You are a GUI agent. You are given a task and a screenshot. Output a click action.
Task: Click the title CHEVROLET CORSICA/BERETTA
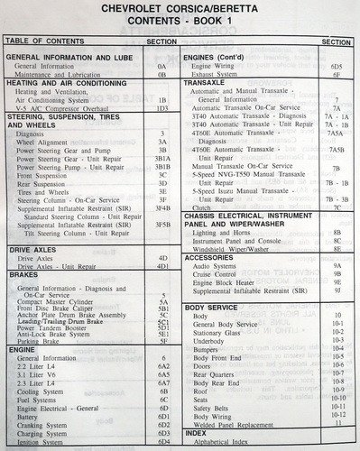(181, 10)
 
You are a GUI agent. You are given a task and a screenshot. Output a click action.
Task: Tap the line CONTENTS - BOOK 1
(180, 24)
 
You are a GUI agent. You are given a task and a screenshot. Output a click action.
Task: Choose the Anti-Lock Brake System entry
(53, 334)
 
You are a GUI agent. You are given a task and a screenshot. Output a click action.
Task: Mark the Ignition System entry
(40, 441)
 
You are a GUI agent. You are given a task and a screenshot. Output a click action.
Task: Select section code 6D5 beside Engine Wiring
(336, 66)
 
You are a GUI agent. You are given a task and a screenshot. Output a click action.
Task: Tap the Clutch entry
(203, 207)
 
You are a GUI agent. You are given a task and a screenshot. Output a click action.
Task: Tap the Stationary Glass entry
(220, 333)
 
